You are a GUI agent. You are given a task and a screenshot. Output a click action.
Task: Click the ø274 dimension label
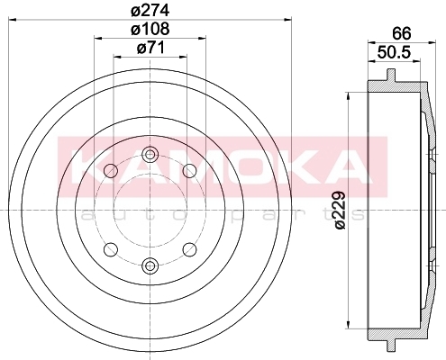pos(150,11)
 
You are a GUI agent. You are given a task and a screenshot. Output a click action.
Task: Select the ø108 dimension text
pos(150,29)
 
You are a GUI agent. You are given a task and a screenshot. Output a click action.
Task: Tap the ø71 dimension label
pos(150,48)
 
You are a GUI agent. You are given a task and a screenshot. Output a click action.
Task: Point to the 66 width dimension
pos(402,33)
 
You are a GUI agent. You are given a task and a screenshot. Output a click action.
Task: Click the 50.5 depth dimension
pos(394,53)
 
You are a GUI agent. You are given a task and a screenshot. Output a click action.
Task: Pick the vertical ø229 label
pos(341,211)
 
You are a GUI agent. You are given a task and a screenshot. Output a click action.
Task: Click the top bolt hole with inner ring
pos(150,155)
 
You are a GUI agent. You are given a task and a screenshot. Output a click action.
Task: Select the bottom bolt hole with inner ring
pos(150,265)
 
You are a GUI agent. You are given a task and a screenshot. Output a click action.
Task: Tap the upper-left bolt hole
pos(111,171)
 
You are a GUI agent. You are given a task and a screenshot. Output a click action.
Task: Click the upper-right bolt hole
pos(189,171)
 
